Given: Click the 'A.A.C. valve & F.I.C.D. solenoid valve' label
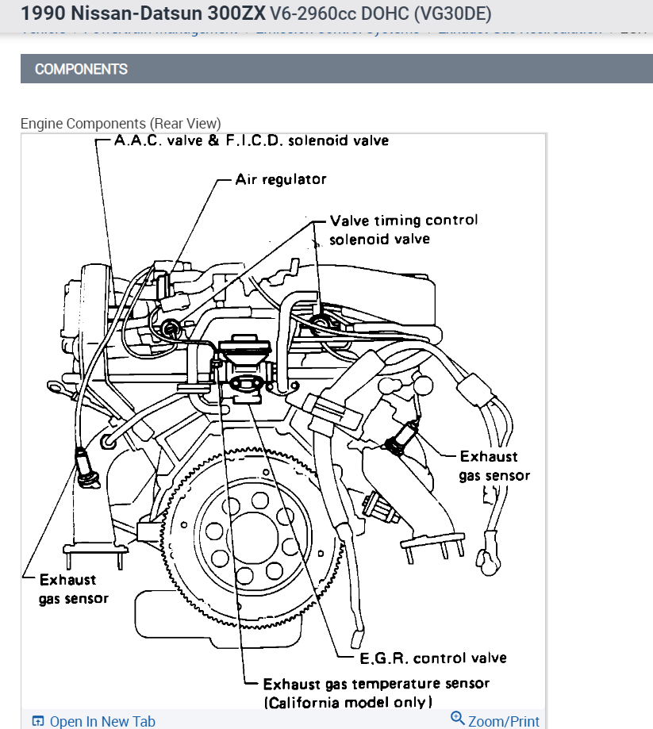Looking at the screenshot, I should click(252, 141).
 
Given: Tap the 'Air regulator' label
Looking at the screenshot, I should click(280, 179).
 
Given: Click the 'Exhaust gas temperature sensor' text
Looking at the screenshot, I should click(376, 683).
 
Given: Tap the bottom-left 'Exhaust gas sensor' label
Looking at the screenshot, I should click(73, 589).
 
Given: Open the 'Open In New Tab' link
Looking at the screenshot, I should click(102, 721).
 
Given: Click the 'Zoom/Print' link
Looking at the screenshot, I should click(503, 721).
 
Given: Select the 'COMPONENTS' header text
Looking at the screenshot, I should click(81, 69).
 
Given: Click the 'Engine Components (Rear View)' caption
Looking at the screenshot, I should click(121, 124).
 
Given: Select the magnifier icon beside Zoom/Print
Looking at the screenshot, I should click(457, 719).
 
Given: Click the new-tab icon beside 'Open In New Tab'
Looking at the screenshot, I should click(38, 721).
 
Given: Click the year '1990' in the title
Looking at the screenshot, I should click(44, 13).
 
